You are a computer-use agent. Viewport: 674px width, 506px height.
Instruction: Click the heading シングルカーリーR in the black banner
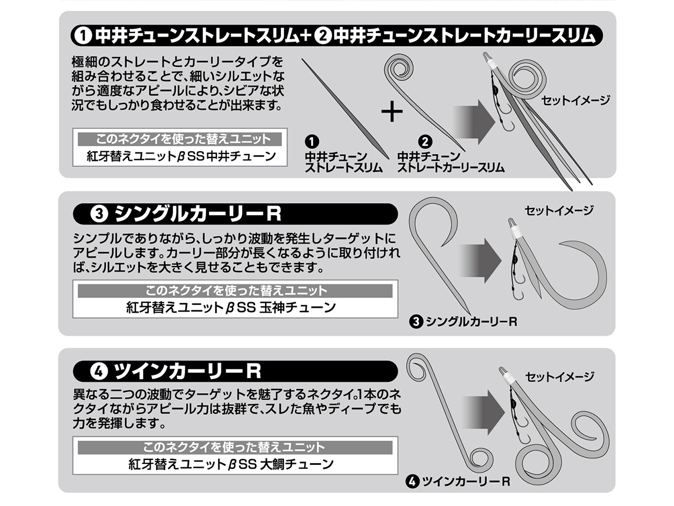(198, 214)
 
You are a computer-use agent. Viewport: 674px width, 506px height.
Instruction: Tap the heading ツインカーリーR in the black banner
(187, 371)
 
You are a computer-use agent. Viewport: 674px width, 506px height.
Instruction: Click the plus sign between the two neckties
(392, 111)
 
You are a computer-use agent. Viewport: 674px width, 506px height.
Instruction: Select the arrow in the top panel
(474, 122)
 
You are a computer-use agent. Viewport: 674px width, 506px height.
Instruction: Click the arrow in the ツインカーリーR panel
(484, 412)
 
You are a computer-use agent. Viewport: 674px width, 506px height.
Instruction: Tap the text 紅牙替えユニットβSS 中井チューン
(181, 156)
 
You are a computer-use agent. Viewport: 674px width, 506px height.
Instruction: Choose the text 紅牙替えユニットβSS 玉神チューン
(231, 308)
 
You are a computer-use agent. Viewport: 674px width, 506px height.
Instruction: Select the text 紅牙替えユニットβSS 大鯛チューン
(231, 464)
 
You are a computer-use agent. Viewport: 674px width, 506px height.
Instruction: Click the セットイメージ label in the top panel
(575, 101)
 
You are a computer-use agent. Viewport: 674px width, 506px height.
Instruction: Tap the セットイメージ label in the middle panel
(559, 210)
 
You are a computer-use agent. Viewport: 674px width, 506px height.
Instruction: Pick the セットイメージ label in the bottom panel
(559, 377)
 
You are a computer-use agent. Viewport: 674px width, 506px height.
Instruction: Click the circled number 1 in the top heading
(83, 36)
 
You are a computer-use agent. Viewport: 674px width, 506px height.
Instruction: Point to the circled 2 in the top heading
(324, 36)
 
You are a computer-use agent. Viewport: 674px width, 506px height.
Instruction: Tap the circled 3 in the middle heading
(99, 214)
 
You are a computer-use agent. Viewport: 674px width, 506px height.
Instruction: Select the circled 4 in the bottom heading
(99, 371)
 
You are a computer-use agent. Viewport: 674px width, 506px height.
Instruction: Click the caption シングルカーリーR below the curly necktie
(471, 322)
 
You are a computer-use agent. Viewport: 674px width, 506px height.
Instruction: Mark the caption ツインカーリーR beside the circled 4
(466, 481)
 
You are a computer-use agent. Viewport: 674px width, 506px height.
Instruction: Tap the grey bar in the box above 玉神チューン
(235, 291)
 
